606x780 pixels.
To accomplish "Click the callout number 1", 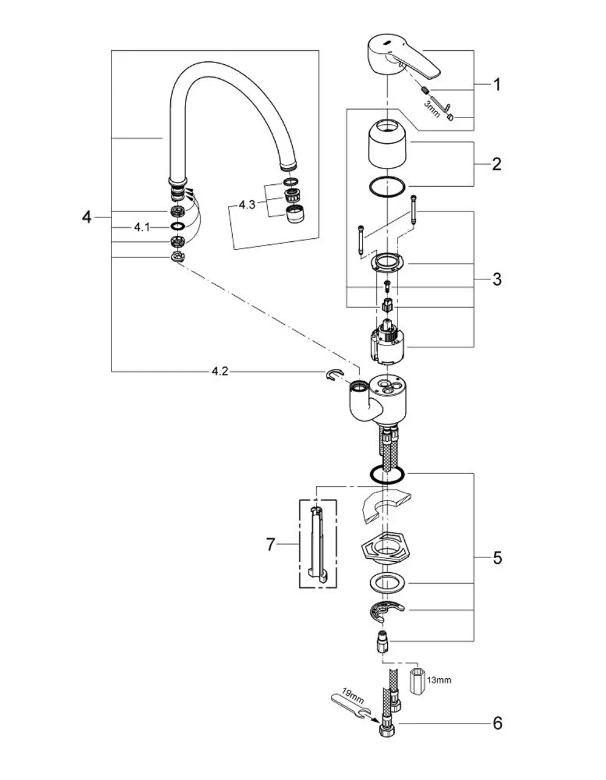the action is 496,85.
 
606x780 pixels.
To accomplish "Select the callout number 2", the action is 496,164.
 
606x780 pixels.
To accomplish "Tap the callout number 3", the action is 497,279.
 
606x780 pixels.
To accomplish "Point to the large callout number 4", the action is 87,217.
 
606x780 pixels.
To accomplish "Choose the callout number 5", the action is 497,558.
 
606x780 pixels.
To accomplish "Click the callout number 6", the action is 498,723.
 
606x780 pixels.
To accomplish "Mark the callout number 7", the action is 271,544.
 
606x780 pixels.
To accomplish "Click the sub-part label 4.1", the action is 142,227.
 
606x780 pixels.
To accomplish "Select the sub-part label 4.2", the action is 220,372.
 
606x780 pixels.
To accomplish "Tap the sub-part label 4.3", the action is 247,205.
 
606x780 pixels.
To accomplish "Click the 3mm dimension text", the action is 432,108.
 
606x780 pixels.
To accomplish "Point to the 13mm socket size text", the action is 439,680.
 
